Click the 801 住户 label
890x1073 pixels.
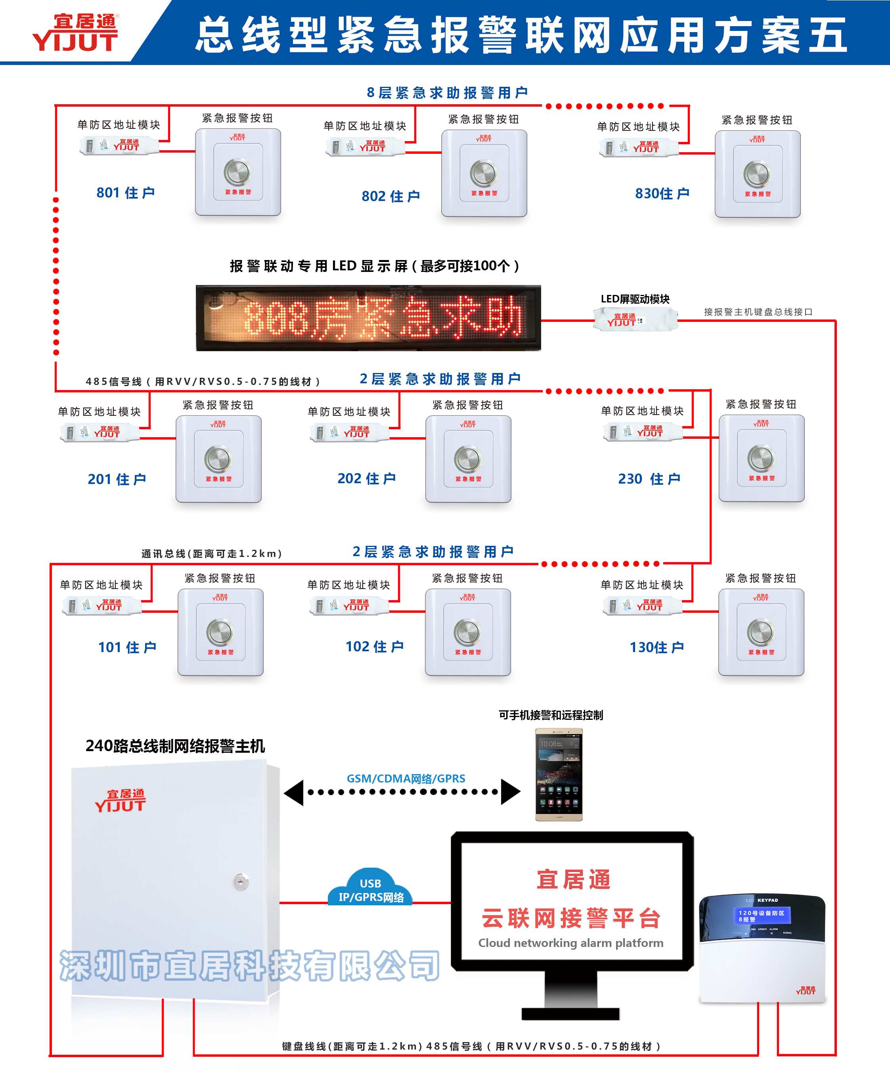(125, 193)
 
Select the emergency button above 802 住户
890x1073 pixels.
(484, 173)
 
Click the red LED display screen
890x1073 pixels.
(368, 318)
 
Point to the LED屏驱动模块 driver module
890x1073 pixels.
(635, 320)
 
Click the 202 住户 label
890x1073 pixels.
(366, 479)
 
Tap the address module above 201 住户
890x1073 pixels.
(100, 433)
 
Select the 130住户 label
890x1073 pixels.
(656, 647)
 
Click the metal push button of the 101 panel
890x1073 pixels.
(220, 632)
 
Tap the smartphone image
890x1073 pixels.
(559, 774)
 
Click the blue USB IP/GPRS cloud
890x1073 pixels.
(370, 889)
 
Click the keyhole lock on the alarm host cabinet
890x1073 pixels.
(241, 882)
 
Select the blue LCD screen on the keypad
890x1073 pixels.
(761, 916)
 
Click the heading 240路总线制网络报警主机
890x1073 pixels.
(175, 746)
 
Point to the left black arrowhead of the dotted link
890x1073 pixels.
(294, 792)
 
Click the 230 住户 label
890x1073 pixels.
(649, 479)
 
